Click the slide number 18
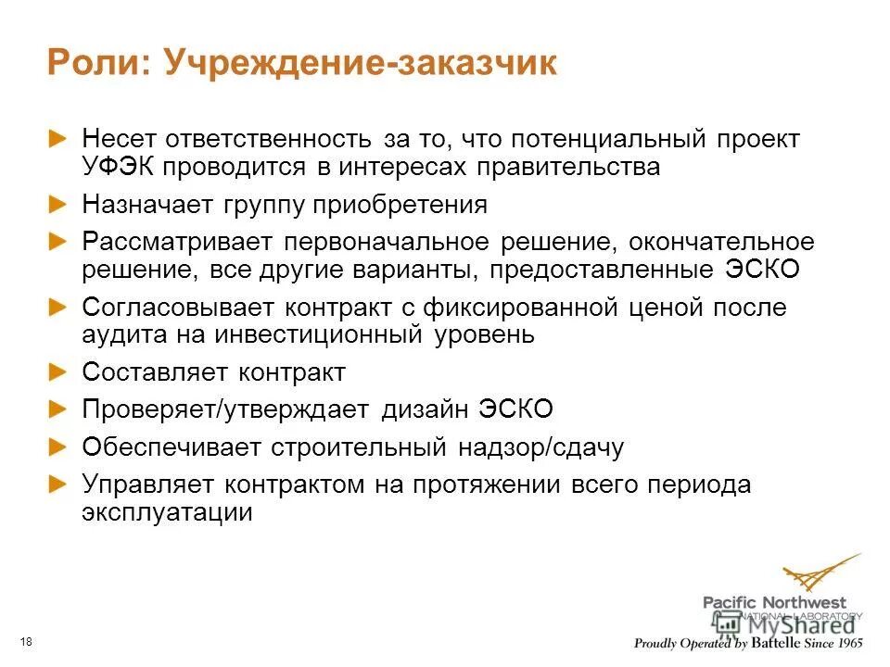25,643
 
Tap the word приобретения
399,205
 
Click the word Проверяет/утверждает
227,409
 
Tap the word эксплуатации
167,512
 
